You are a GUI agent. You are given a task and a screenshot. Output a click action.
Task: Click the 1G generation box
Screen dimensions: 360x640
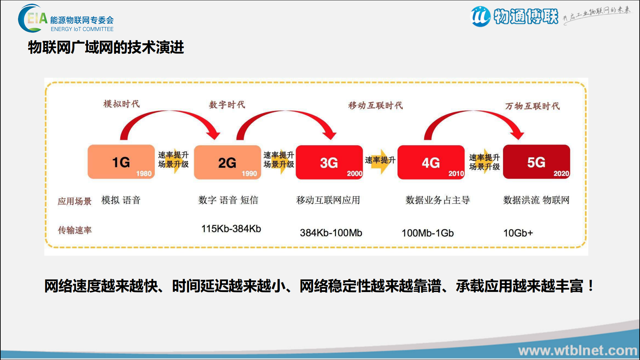click(x=121, y=162)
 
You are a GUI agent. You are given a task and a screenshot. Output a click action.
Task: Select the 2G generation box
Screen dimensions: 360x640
click(x=227, y=162)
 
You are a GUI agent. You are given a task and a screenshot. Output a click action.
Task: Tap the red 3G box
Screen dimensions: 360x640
click(x=329, y=162)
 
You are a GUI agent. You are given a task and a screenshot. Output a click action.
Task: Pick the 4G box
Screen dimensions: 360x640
click(x=431, y=162)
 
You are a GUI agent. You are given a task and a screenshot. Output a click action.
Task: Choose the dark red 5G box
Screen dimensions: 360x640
click(x=536, y=162)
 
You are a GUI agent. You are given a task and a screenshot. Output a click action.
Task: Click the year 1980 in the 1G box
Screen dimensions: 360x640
click(x=144, y=174)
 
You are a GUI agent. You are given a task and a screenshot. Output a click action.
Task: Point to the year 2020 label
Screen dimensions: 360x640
click(x=561, y=174)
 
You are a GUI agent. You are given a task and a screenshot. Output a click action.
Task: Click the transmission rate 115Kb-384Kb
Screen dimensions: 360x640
click(x=231, y=229)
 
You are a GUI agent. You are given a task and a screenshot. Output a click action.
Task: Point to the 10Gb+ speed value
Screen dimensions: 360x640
click(x=518, y=233)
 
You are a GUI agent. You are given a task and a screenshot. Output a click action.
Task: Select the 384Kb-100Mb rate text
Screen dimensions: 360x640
click(x=331, y=233)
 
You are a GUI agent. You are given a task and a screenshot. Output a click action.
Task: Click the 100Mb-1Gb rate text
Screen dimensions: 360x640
click(x=428, y=233)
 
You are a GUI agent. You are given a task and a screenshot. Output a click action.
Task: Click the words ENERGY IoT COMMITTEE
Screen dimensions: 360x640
click(x=82, y=29)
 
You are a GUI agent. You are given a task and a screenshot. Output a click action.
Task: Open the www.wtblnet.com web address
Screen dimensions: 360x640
click(x=577, y=351)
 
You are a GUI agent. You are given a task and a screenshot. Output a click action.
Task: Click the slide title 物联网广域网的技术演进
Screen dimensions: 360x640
click(x=106, y=47)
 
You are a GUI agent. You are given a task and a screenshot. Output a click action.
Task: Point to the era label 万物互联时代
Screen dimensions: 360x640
click(x=532, y=106)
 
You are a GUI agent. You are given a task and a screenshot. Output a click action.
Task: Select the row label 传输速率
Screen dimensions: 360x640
click(x=75, y=230)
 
